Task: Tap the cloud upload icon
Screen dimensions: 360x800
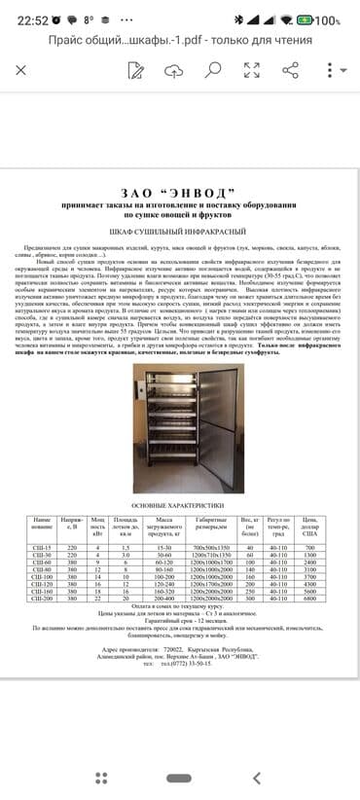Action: [x=173, y=70]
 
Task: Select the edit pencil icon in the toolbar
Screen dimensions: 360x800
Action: [x=135, y=70]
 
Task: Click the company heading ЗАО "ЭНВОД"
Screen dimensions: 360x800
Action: [x=180, y=193]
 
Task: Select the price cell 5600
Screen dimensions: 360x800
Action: [x=311, y=591]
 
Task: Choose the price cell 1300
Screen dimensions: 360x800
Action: [x=311, y=556]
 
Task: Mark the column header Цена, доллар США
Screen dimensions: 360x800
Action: [x=311, y=527]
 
